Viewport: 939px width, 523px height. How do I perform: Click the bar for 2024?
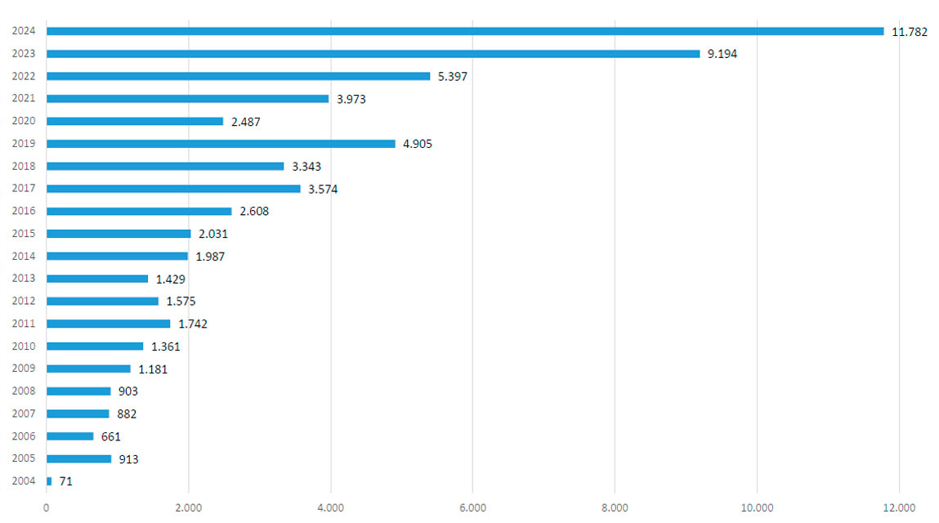click(464, 31)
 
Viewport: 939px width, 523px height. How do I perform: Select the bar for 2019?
click(221, 144)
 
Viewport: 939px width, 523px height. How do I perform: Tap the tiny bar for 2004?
click(49, 481)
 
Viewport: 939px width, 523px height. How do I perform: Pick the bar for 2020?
click(135, 121)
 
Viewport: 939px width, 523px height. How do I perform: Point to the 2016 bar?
click(139, 211)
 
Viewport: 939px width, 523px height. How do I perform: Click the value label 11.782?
click(910, 32)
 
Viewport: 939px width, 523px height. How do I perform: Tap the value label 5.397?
click(453, 77)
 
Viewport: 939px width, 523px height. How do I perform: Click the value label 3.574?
click(323, 190)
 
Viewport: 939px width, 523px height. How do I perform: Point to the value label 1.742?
click(193, 324)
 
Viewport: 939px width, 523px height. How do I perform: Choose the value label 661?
click(111, 437)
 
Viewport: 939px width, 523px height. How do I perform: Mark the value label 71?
click(66, 482)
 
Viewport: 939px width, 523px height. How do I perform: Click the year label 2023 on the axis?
click(23, 54)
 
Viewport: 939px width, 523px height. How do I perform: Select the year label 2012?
click(23, 302)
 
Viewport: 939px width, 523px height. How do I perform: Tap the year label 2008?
click(23, 391)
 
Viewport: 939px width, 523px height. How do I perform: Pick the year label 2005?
click(23, 459)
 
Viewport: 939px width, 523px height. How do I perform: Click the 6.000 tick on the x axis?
click(472, 508)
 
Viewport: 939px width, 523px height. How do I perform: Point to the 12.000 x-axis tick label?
click(899, 508)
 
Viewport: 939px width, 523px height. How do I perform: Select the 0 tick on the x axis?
click(47, 508)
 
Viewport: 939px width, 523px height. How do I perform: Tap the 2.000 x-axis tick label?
click(189, 508)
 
